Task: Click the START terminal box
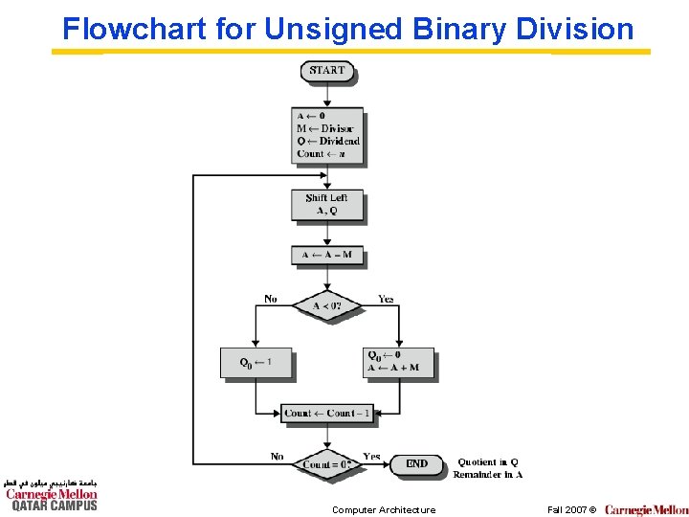tap(327, 70)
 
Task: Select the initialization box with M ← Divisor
tap(328, 134)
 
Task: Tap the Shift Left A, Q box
tap(327, 205)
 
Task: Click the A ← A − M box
tap(327, 256)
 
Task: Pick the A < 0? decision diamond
tap(327, 307)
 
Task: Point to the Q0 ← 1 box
tap(256, 362)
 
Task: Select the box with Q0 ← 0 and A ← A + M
tap(399, 362)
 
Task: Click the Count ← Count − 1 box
tap(327, 414)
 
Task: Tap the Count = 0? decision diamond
tap(327, 464)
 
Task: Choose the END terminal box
tap(416, 464)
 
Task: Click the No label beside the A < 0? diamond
tap(271, 299)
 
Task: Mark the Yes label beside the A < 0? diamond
tap(385, 299)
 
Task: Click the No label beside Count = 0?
tap(277, 457)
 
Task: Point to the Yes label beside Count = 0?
tap(371, 457)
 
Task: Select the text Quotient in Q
tap(488, 462)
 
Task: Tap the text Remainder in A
tap(488, 475)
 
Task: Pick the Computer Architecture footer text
tap(384, 510)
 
